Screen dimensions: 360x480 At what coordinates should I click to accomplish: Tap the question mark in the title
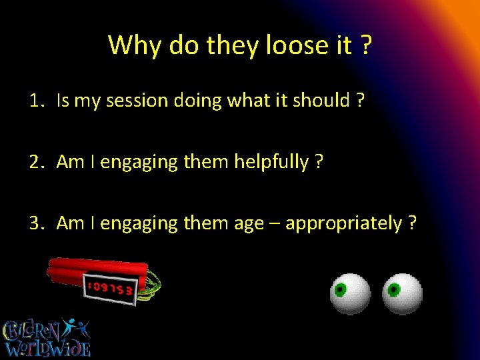[365, 45]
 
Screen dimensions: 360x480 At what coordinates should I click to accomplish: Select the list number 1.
[35, 101]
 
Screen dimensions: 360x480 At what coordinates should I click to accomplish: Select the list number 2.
[35, 162]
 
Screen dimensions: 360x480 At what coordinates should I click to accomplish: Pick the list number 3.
[35, 223]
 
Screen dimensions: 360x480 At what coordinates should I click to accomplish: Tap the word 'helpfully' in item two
[270, 162]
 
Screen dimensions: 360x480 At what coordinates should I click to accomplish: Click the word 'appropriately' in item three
[343, 223]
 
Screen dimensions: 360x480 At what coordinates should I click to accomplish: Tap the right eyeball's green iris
[394, 289]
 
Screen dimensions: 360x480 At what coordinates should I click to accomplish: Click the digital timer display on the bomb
[109, 288]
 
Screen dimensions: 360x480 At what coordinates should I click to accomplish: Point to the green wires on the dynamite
[154, 285]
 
